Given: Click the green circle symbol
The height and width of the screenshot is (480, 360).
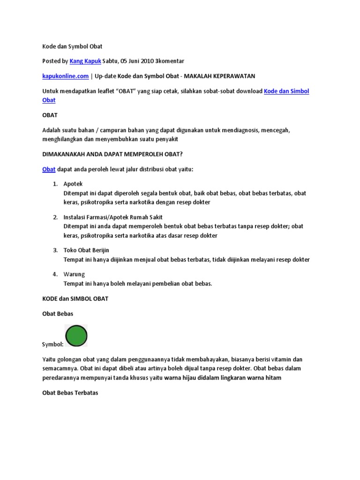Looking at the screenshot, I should pos(76,336).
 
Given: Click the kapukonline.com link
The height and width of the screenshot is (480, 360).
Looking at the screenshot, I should pos(65,76).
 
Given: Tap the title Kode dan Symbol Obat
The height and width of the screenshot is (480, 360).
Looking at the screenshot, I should pos(72,46).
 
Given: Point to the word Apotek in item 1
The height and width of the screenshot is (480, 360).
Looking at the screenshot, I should pos(73,184).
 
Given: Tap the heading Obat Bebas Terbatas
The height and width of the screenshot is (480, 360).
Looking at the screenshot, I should pos(70,393).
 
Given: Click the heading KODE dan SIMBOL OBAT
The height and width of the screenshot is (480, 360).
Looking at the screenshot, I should pos(75,299).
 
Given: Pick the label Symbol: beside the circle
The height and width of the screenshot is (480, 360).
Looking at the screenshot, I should pos(52,345).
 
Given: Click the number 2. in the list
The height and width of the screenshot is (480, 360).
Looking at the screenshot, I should pos(55,217).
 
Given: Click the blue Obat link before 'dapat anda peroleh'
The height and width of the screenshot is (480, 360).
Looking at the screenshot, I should pos(49,169).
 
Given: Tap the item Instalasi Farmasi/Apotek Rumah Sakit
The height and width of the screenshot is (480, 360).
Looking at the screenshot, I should pos(113,217).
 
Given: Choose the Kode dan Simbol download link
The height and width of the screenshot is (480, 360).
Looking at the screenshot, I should pos(286,91).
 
